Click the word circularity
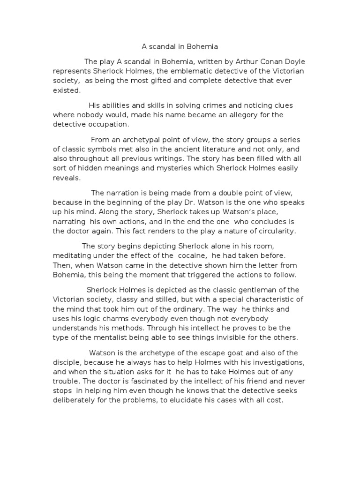[277, 231]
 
